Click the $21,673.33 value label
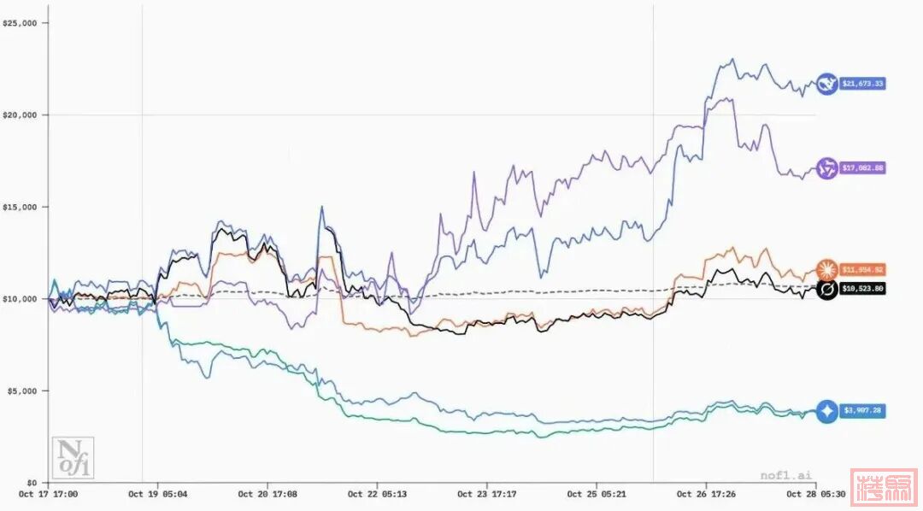[x=862, y=84]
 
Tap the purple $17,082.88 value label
[x=862, y=167]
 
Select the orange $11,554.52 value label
[x=862, y=269]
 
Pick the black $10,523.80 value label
[x=862, y=289]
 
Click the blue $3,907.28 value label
[x=862, y=411]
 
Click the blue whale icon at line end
[x=826, y=84]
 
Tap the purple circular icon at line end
[x=826, y=167]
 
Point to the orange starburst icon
[x=826, y=270]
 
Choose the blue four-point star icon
[x=826, y=411]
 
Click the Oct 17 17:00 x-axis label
[x=48, y=494]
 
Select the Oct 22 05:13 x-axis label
[x=377, y=494]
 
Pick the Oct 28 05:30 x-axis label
[x=815, y=494]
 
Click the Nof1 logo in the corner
[x=73, y=458]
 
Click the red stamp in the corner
[x=885, y=488]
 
